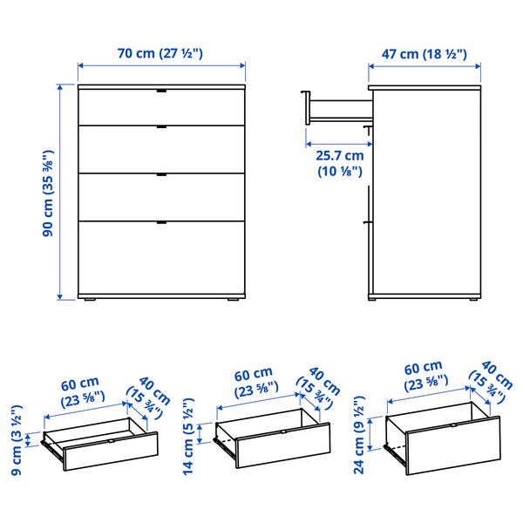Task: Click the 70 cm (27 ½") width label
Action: tap(160, 53)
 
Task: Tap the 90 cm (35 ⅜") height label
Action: tap(50, 193)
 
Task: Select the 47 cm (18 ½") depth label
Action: tap(425, 55)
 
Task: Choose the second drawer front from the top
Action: tap(161, 148)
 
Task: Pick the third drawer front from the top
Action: tap(161, 195)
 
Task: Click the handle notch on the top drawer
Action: tap(161, 91)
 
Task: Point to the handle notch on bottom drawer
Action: tap(161, 224)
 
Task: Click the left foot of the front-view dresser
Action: tap(89, 302)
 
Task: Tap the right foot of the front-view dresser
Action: tap(233, 302)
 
